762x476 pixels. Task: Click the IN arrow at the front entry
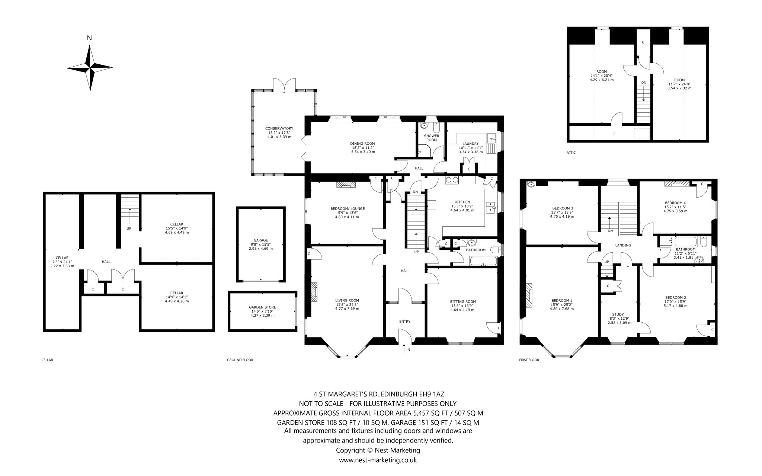point(404,348)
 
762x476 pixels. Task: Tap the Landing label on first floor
point(623,245)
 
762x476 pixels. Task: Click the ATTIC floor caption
point(571,153)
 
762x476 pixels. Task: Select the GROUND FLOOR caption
point(240,360)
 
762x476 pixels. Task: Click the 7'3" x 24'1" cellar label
point(62,262)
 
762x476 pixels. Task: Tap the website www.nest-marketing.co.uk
point(378,460)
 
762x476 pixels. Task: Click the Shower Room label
point(431,138)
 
